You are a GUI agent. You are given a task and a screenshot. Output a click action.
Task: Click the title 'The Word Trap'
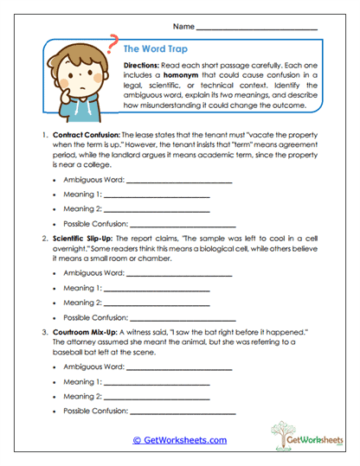[x=156, y=49]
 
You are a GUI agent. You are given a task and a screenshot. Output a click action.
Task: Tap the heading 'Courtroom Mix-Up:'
[x=83, y=330]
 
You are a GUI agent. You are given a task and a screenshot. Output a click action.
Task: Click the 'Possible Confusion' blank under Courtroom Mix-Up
[x=181, y=412]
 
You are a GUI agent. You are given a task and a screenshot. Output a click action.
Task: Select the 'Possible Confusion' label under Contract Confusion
[x=95, y=224]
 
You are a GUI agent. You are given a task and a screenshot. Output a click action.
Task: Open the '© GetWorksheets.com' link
[x=179, y=440]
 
